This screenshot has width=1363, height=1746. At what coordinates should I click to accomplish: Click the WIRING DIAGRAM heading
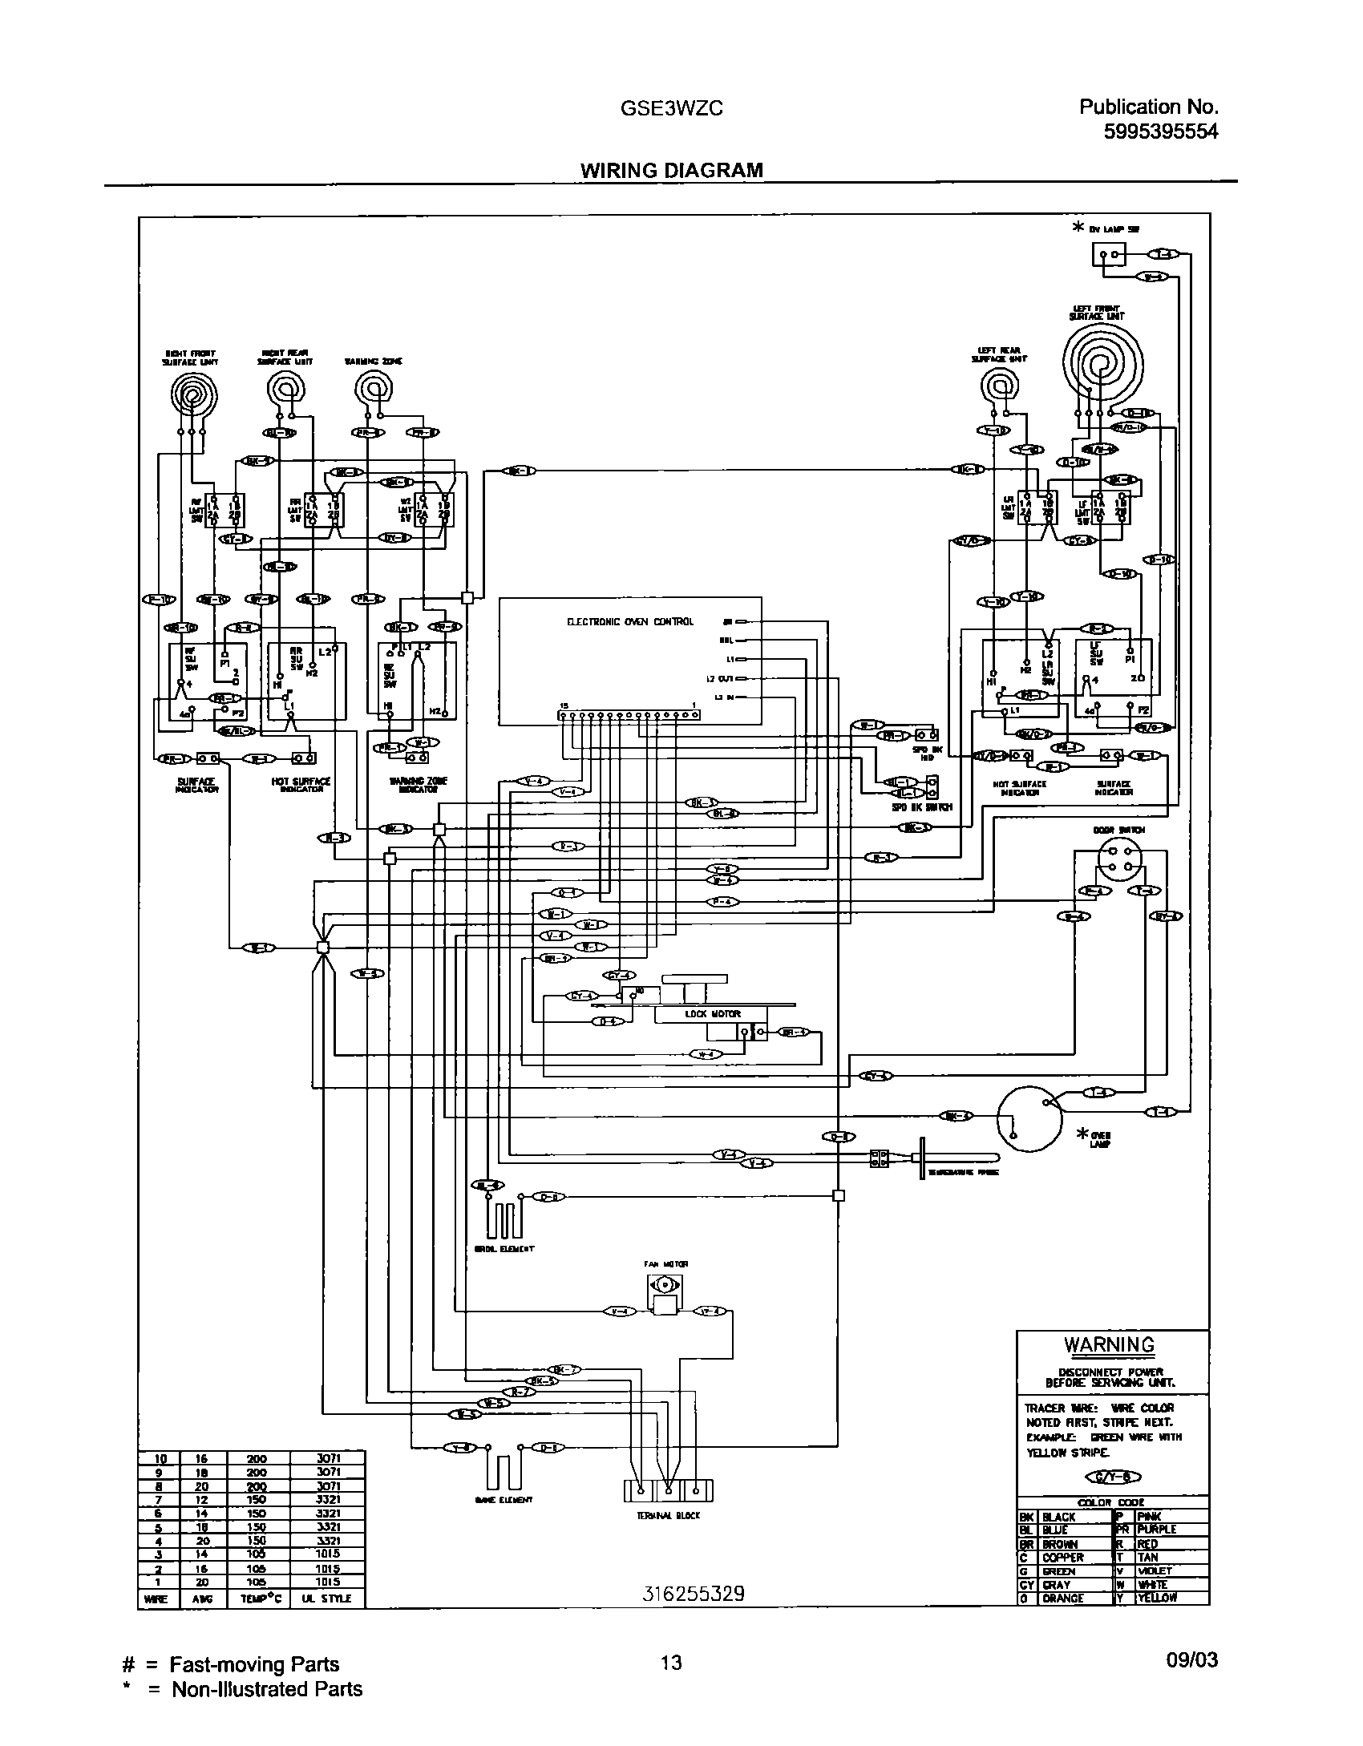pyautogui.click(x=671, y=170)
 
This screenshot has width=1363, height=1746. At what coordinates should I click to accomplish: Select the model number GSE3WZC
pyautogui.click(x=671, y=108)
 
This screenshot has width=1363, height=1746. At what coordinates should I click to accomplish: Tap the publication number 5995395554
pyautogui.click(x=1160, y=131)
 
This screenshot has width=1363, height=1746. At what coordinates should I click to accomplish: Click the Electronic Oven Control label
pyautogui.click(x=629, y=621)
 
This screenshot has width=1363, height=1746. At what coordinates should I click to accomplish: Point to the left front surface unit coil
pyautogui.click(x=1103, y=366)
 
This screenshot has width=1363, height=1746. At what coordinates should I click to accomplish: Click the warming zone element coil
pyautogui.click(x=373, y=390)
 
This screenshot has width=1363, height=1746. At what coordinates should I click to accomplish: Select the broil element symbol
pyautogui.click(x=503, y=1219)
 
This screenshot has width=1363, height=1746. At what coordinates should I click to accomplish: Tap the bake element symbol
pyautogui.click(x=503, y=1469)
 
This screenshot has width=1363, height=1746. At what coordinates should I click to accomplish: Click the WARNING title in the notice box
pyautogui.click(x=1109, y=1345)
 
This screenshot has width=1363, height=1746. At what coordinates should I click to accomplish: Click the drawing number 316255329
pyautogui.click(x=693, y=1594)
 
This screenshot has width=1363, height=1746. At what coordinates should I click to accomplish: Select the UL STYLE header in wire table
pyautogui.click(x=326, y=1598)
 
